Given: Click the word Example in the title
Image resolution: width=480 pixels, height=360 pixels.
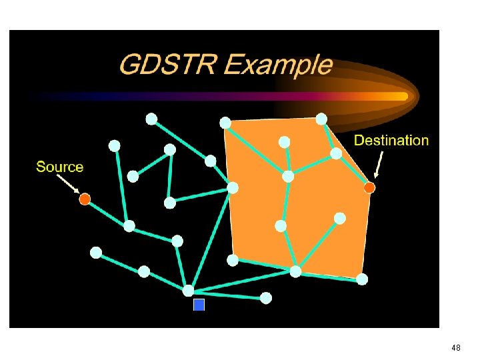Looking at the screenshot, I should tap(278, 65).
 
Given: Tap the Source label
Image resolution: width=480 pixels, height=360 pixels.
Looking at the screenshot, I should tap(60, 167).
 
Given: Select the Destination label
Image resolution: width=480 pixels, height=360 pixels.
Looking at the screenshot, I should tap(391, 140).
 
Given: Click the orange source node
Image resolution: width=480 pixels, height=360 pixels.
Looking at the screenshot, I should tap(85, 199).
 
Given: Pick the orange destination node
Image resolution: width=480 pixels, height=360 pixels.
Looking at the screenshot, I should tap(369, 188).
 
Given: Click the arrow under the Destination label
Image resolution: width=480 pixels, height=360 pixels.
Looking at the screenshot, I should tap(379, 165).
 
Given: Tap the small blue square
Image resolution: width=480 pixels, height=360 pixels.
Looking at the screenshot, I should tap(199, 305).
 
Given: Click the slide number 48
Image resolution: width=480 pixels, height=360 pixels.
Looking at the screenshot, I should tap(456, 348).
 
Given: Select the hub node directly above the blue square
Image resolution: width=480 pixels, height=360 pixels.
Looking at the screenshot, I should tap(188, 291).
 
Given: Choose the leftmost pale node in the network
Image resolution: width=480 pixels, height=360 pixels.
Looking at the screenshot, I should tap(96, 253).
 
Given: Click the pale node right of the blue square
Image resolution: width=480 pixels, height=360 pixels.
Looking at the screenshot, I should tap(266, 298).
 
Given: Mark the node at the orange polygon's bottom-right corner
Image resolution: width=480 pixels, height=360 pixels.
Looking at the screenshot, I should tap(362, 279).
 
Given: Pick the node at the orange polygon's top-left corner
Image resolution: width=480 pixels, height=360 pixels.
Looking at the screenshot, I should tap(225, 123).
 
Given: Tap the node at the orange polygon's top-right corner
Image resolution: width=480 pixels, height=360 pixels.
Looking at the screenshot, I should tap(321, 119).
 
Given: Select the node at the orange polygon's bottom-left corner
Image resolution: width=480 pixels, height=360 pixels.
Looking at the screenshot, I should tap(233, 260).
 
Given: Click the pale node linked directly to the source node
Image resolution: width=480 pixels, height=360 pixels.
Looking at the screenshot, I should tap(129, 226).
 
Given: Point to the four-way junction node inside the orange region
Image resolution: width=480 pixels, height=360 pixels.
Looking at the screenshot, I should tap(288, 177).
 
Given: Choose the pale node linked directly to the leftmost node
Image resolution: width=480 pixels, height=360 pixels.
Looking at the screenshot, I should tap(144, 271).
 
